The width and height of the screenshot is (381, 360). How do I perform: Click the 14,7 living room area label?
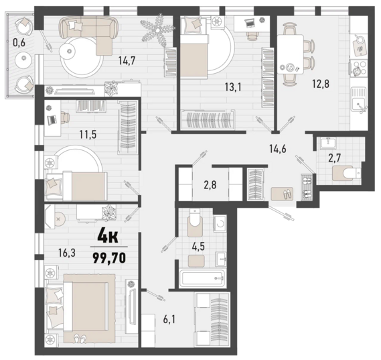click(127, 60)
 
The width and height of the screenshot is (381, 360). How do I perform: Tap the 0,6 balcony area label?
click(19, 43)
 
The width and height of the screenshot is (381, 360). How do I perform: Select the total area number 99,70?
click(109, 258)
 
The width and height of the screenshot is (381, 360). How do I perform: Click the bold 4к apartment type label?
click(108, 237)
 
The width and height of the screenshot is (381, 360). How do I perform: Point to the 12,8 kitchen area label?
click(321, 84)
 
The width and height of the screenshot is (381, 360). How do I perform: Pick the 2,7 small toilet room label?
click(335, 158)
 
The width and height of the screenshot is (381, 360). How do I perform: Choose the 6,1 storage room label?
click(169, 320)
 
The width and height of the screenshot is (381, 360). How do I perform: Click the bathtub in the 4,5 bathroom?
click(202, 278)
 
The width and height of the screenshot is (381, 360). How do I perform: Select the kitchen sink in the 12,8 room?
click(359, 100)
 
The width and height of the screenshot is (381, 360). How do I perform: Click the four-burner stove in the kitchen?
click(359, 68)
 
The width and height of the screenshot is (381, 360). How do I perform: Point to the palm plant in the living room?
click(158, 30)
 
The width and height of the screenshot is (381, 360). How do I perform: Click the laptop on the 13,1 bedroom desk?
click(250, 23)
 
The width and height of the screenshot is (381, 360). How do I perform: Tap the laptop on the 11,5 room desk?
click(52, 120)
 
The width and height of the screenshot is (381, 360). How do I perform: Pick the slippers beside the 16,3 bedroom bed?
click(80, 337)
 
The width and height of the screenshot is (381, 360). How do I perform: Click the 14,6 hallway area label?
click(277, 148)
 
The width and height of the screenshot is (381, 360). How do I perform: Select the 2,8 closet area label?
click(210, 185)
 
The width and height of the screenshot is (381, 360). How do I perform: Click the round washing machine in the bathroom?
click(220, 223)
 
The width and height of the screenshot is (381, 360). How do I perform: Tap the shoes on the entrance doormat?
click(288, 194)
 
